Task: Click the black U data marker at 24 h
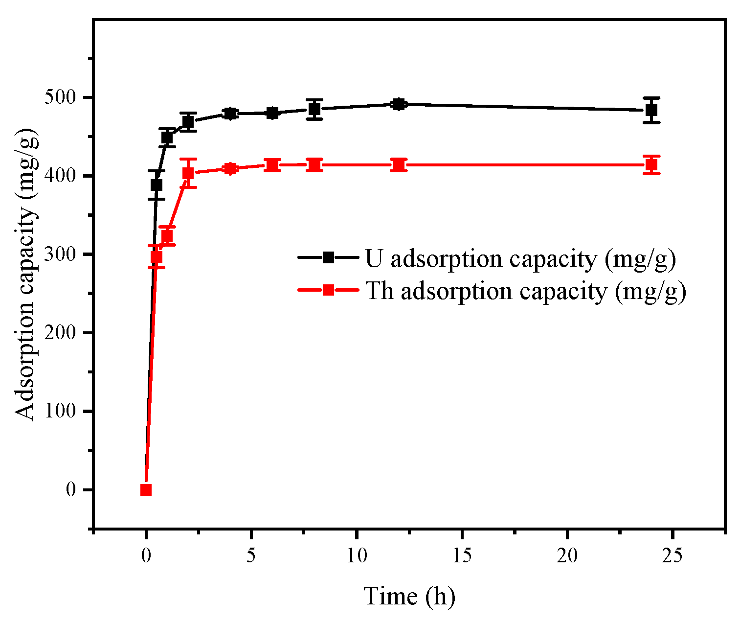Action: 651,110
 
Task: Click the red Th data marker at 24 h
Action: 651,165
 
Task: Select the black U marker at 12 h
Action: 399,104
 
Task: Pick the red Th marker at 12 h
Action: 399,165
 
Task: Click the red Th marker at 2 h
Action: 188,173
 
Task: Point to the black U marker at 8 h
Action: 314,109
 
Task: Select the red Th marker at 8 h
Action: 314,165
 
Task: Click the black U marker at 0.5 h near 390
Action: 157,185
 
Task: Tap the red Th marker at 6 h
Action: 272,165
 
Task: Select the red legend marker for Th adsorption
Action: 328,290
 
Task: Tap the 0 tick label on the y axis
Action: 71,490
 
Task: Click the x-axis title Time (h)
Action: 409,597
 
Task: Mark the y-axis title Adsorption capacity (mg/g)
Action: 25,274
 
